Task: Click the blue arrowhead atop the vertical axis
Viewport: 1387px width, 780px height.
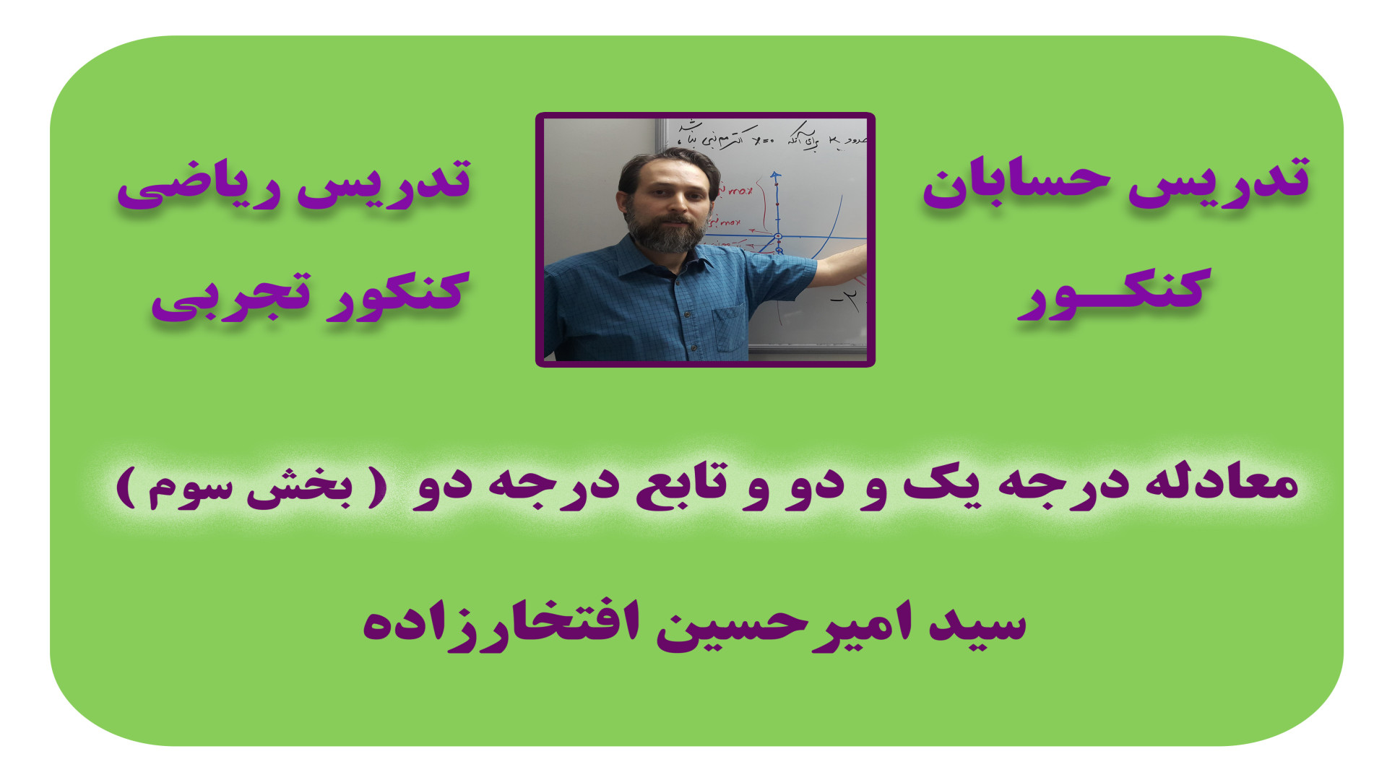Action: (x=776, y=175)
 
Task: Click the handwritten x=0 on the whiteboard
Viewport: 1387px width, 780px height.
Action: (x=761, y=139)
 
